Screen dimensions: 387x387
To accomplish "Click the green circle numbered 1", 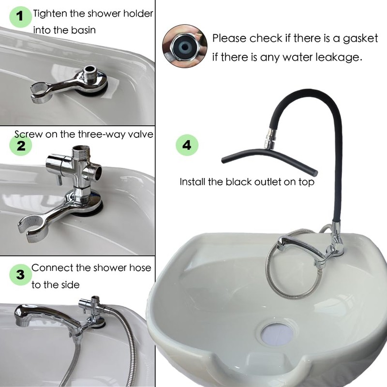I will pos(20,16).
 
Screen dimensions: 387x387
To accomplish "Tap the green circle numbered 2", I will pos(21,145).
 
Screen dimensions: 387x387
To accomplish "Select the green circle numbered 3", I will pos(20,275).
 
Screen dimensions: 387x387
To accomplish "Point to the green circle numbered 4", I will pos(187,144).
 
